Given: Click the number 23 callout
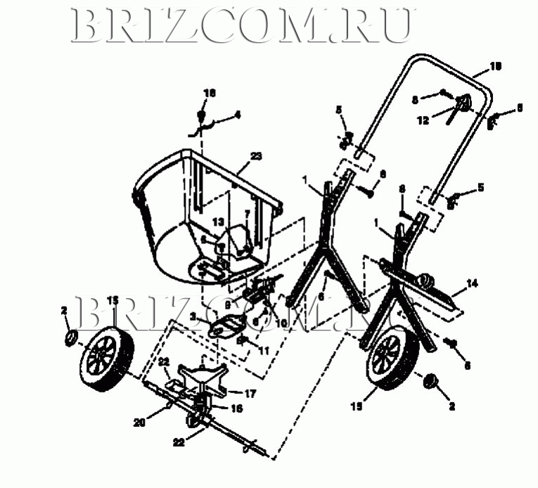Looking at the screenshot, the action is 255,157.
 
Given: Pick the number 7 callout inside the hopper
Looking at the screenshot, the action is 247,213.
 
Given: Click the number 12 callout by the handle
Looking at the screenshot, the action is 422,120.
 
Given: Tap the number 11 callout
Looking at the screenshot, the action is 265,349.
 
